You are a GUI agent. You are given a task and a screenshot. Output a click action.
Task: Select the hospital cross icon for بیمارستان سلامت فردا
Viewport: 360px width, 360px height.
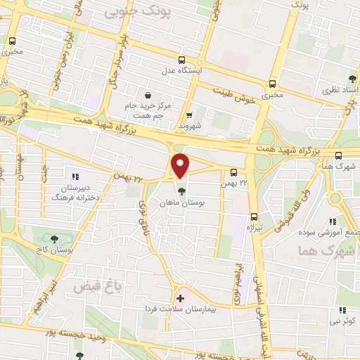tap(180, 299)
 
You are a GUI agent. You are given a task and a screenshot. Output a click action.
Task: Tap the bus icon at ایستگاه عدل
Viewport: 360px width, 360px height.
tap(181, 60)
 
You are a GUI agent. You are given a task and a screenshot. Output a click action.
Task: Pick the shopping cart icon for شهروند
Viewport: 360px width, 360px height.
tap(189, 115)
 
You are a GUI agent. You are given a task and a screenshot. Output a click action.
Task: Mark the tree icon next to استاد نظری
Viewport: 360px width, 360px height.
tap(352, 78)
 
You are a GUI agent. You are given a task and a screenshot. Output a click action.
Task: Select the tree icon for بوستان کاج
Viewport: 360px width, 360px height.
tap(51, 238)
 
